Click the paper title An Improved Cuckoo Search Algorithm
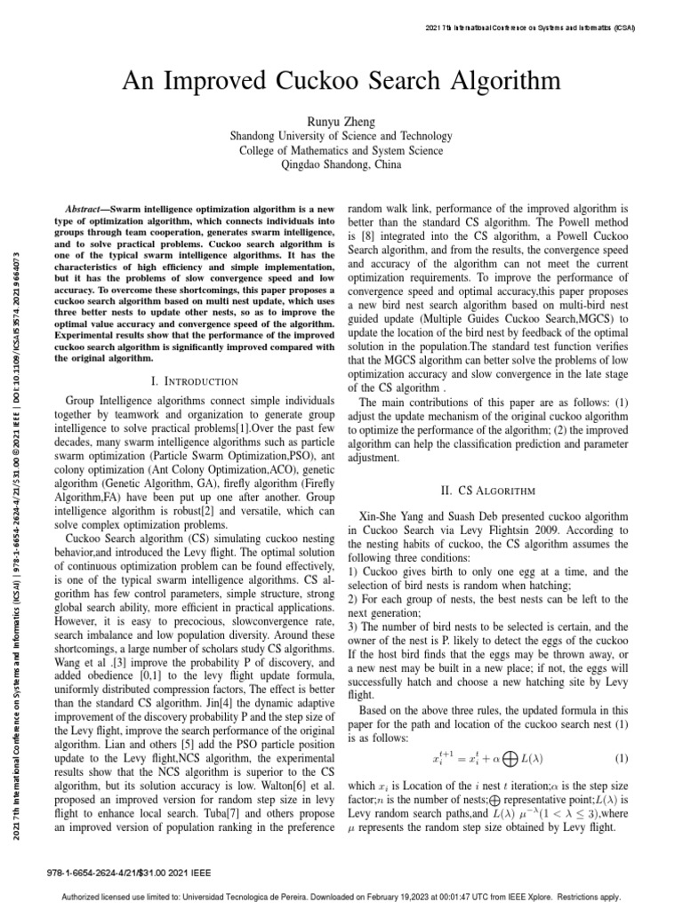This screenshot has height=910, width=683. pyautogui.click(x=341, y=83)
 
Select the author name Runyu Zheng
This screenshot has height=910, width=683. pyautogui.click(x=341, y=122)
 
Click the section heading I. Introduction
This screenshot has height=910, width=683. pyautogui.click(x=196, y=381)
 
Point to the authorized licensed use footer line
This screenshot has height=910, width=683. pyautogui.click(x=341, y=897)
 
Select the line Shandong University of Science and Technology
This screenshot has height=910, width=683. pyautogui.click(x=341, y=136)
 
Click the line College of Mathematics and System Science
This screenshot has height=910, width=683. pyautogui.click(x=341, y=150)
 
